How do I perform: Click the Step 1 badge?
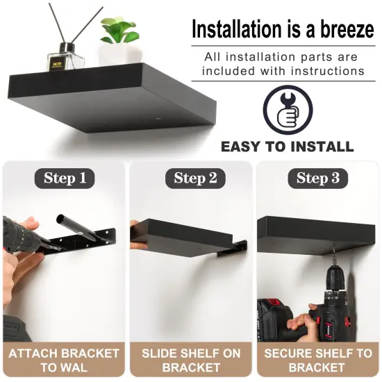tap(65, 178)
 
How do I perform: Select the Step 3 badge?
tap(317, 178)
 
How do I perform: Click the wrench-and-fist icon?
tap(287, 110)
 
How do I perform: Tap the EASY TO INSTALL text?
tap(287, 147)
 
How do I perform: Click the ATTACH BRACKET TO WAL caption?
tap(64, 360)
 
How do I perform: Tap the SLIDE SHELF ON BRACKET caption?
tap(191, 360)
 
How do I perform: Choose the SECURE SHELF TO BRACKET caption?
tap(317, 360)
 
